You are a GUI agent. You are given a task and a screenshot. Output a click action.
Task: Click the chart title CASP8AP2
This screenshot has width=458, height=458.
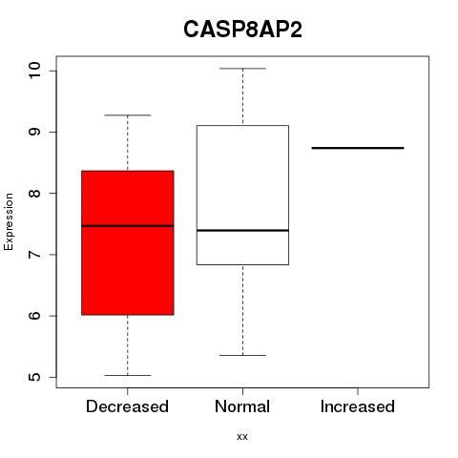242,30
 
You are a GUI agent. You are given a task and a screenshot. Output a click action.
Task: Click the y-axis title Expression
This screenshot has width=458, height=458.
9,221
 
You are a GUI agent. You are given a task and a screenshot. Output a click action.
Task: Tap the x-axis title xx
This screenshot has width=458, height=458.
242,436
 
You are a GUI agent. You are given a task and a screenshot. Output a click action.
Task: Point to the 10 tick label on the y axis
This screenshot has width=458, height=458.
34,71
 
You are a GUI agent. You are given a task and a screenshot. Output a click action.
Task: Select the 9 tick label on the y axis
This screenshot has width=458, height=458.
34,132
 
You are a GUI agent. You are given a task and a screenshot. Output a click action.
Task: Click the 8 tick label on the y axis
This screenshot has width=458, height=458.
34,193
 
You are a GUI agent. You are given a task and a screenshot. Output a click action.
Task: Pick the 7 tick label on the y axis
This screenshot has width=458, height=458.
34,255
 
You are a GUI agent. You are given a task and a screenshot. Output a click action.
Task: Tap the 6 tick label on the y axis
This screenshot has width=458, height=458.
34,316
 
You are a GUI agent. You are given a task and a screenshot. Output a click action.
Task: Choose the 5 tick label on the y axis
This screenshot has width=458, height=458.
34,377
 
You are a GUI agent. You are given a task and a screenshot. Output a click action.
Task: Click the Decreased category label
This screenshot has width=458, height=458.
127,406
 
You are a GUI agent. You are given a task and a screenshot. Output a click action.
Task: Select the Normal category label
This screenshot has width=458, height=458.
242,406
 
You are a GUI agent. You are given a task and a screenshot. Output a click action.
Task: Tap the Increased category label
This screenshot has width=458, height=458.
358,406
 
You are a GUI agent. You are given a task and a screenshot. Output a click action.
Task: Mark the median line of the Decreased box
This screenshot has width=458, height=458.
128,226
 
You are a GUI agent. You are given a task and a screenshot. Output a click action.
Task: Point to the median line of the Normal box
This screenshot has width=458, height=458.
242,230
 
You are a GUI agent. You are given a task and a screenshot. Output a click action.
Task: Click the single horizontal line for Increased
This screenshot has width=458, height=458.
358,148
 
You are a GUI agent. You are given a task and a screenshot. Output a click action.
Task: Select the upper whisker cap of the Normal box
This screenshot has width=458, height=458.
242,69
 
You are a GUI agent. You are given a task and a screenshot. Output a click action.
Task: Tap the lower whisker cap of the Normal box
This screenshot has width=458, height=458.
242,355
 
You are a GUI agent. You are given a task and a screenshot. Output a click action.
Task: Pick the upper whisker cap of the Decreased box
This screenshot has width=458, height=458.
128,115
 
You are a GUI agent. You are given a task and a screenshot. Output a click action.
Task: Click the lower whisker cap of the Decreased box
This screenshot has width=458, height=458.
128,375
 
